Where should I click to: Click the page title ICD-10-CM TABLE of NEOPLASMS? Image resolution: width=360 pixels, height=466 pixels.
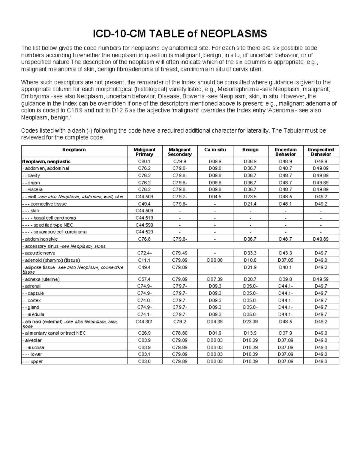[x=180, y=34]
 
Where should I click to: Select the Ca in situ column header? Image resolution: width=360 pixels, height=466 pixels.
[x=215, y=150]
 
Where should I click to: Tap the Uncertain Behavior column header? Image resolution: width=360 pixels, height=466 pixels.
[x=285, y=152]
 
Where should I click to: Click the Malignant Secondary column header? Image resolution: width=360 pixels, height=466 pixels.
[x=180, y=152]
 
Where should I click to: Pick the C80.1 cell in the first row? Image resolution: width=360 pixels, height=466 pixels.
[x=144, y=161]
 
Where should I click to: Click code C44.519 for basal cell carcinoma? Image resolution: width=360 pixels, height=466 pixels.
[x=144, y=218]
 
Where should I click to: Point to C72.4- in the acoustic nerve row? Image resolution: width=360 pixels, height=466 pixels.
[x=144, y=253]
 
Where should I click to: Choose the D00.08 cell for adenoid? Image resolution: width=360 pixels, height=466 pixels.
[x=215, y=260]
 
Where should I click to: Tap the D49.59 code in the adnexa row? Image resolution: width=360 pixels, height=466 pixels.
[x=321, y=279]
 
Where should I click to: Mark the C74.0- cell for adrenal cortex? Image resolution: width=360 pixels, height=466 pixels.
[x=144, y=300]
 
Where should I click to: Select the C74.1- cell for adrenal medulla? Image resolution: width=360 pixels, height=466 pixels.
[x=144, y=314]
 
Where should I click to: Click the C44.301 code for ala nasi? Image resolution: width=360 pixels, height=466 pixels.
[x=144, y=322]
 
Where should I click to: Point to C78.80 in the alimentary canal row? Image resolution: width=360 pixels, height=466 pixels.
[x=180, y=333]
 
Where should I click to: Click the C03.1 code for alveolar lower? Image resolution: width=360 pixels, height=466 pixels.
[x=144, y=354]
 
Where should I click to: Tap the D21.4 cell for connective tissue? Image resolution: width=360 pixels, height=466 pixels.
[x=250, y=204]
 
